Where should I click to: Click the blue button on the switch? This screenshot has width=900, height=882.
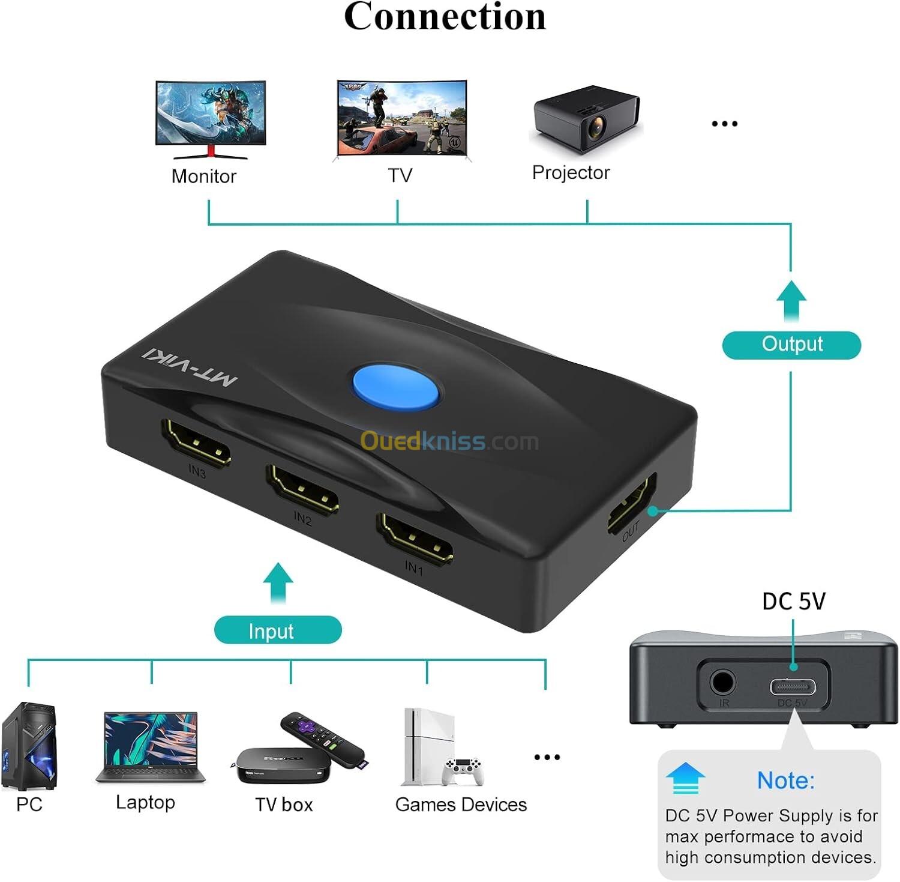(395, 387)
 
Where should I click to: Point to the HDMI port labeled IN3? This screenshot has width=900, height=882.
(196, 443)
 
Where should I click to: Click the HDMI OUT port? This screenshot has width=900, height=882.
(631, 503)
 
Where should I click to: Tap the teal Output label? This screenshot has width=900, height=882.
(791, 345)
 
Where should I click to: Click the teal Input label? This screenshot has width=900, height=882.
(278, 630)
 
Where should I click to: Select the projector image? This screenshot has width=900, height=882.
(586, 119)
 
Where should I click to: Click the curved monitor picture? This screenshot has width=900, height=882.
(210, 119)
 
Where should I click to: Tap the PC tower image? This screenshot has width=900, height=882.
(29, 746)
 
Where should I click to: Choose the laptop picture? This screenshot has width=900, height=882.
(150, 748)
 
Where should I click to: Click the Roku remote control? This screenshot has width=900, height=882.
(323, 739)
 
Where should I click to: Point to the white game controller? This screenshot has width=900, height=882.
(463, 771)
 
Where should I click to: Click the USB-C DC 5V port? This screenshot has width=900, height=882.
(793, 686)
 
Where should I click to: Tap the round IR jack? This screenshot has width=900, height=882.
(722, 683)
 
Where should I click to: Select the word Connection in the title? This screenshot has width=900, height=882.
(445, 17)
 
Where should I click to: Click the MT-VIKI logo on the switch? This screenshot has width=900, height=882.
(190, 366)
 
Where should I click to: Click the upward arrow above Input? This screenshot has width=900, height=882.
(278, 581)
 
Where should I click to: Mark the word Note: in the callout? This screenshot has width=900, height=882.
(785, 781)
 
